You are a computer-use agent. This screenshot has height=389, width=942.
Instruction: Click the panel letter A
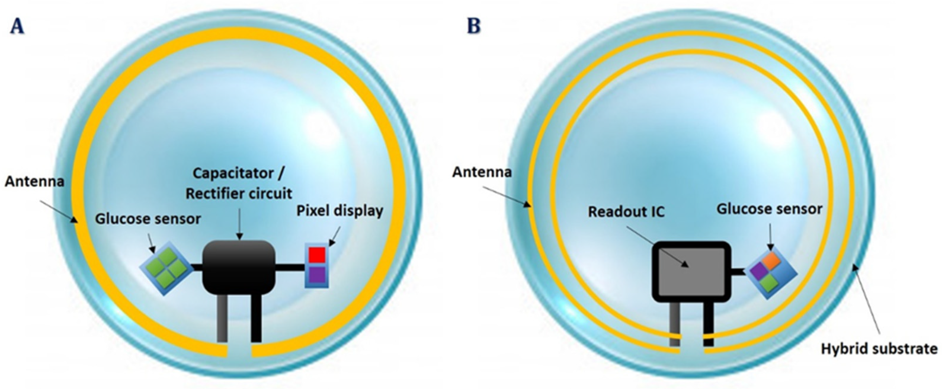coord(17,27)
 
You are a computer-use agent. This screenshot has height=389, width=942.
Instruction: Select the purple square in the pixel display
coord(317,274)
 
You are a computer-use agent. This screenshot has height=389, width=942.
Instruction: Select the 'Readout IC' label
coord(626,212)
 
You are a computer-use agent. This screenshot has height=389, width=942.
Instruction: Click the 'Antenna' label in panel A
coord(34,181)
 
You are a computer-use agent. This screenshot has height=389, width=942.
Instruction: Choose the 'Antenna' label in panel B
coord(482,172)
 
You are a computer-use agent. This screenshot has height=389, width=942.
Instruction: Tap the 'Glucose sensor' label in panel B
coord(769,209)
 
